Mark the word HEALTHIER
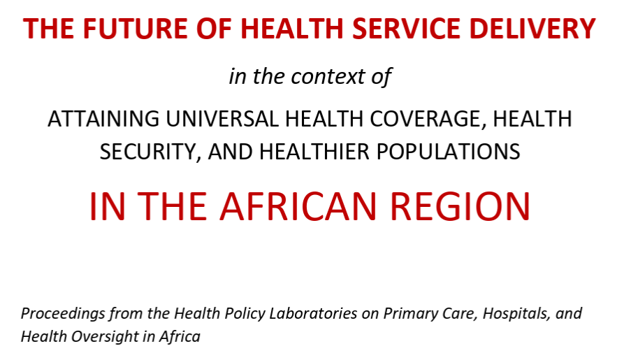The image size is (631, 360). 312,152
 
